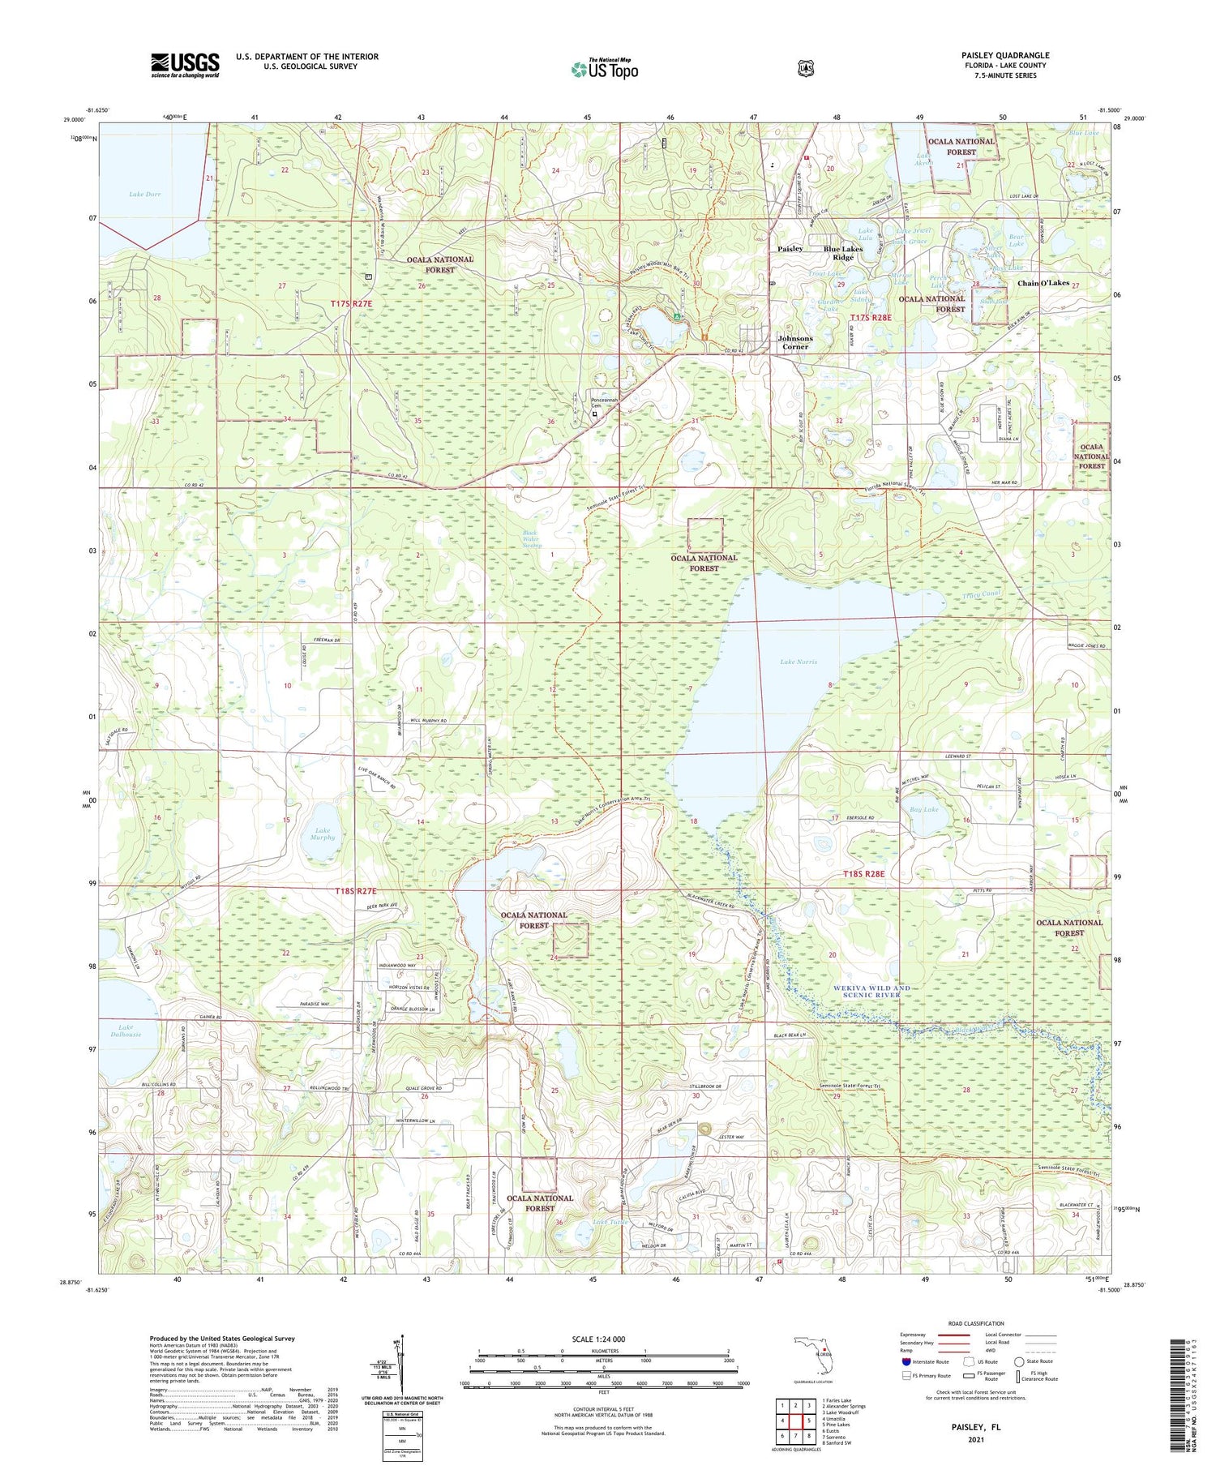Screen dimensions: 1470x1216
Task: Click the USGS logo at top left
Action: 185,64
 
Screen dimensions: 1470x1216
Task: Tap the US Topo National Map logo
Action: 604,69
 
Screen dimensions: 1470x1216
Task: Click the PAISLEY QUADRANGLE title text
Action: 1005,55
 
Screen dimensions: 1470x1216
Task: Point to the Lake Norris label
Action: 798,662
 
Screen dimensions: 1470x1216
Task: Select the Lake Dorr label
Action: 145,195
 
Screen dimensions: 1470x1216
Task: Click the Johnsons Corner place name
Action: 794,342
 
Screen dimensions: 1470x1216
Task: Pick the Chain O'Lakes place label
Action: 1043,283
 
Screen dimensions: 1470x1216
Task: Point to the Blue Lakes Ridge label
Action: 842,253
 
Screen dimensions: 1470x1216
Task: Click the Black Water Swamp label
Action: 532,539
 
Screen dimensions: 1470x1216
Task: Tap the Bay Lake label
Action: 924,809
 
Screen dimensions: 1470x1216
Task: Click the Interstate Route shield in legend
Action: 905,1361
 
